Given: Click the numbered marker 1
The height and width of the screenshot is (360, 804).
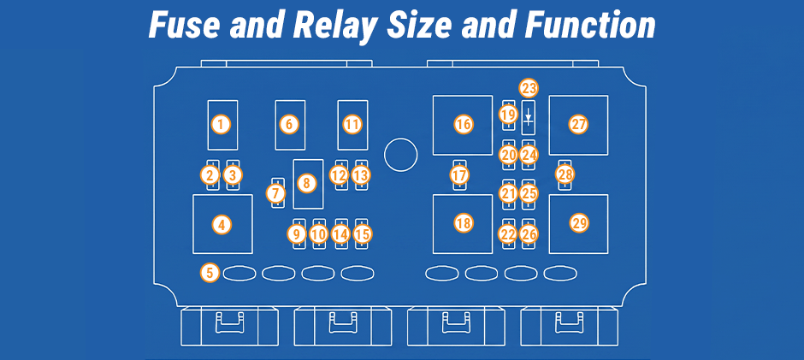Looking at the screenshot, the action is click(221, 124).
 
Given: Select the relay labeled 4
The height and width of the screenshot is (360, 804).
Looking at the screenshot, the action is click(222, 224).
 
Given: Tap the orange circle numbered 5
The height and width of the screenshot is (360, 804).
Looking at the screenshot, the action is click(210, 272).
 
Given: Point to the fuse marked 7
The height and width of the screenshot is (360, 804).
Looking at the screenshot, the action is click(277, 193).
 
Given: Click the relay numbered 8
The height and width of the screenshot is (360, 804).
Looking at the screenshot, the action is click(308, 184).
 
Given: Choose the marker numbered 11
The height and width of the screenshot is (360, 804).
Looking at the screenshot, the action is click(352, 124).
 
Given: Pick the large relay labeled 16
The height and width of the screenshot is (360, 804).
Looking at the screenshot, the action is click(463, 125).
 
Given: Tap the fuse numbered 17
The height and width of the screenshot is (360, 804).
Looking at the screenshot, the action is click(459, 175).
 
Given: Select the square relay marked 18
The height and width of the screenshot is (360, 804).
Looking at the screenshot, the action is click(463, 223).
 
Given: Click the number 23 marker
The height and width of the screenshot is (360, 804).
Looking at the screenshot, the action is click(529, 88).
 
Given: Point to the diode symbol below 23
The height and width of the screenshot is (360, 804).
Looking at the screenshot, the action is click(529, 117).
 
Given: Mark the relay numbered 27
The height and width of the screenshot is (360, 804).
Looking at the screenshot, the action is click(578, 125).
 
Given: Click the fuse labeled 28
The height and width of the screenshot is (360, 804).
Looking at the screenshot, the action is click(565, 175).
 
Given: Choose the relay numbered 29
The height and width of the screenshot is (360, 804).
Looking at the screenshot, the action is click(578, 223).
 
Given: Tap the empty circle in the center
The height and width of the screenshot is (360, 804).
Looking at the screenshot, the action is click(401, 155).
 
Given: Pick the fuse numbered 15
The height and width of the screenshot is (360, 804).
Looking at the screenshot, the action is click(362, 233).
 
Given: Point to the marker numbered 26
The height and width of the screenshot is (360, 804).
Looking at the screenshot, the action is click(529, 234).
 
